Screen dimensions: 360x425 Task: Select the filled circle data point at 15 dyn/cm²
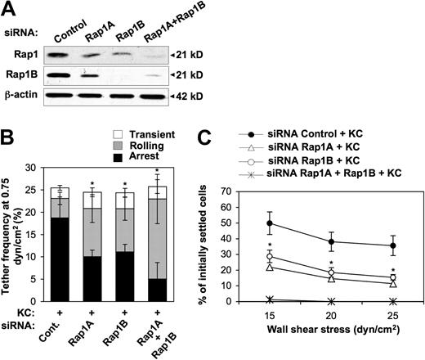[270, 223]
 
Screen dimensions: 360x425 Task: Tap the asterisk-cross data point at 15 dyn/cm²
[270, 299]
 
